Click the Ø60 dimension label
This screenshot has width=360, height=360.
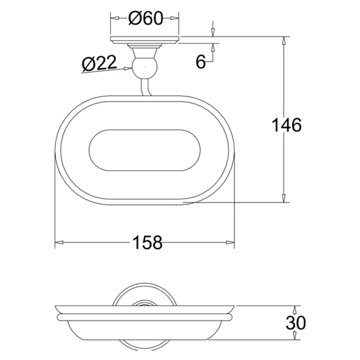click(x=145, y=18)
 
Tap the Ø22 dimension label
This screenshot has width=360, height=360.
click(x=99, y=63)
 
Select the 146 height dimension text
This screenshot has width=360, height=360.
click(x=287, y=125)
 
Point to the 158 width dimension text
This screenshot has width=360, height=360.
click(x=147, y=242)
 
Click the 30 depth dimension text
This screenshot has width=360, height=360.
click(x=296, y=323)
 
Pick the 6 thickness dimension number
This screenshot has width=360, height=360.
click(x=200, y=61)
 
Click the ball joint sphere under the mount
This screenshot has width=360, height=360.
click(x=144, y=67)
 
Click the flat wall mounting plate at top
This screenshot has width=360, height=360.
click(x=144, y=40)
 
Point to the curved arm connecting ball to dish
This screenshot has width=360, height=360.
click(x=145, y=87)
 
